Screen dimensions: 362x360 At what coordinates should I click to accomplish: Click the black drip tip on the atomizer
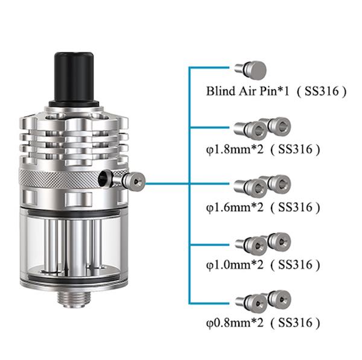[x=74, y=80]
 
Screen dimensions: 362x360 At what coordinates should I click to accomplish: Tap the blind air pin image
[x=250, y=69]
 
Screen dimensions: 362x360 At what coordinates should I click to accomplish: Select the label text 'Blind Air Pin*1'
[x=247, y=91]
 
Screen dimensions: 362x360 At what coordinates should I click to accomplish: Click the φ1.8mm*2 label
[x=235, y=150]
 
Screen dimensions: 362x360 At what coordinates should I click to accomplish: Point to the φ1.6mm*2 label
[x=235, y=207]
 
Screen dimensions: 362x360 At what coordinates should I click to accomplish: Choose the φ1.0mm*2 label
[x=235, y=265]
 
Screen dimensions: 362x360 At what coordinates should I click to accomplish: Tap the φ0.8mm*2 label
[x=235, y=323]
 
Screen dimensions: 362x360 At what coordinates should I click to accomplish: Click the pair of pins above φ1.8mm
[x=262, y=128]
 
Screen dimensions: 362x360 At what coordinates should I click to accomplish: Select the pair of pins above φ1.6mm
[x=262, y=186]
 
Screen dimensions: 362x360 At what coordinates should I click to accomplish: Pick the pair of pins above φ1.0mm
[x=262, y=244]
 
